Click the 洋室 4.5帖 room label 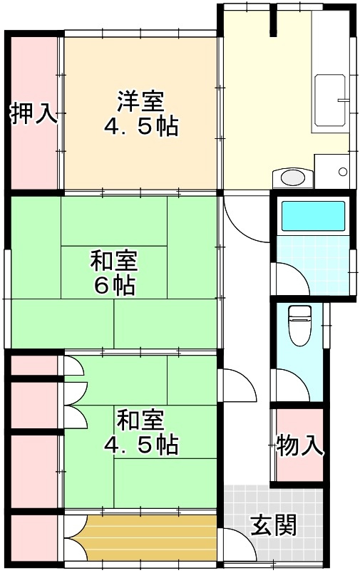pyautogui.click(x=139, y=114)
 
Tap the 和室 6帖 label pyautogui.click(x=114, y=273)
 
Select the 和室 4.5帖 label pyautogui.click(x=140, y=433)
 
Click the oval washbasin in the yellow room pyautogui.click(x=292, y=177)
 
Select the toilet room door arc pyautogui.click(x=289, y=386)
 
